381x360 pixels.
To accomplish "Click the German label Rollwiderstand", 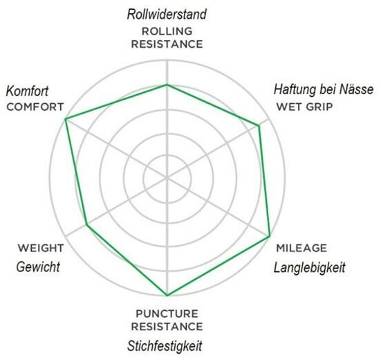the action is (x=167, y=14).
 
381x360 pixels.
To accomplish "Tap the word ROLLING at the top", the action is (x=167, y=31).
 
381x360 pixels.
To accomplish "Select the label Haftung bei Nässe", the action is (x=324, y=89).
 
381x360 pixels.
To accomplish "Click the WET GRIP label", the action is (x=305, y=107).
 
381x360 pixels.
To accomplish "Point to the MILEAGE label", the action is (x=301, y=248).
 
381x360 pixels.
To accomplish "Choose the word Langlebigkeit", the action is (x=309, y=268).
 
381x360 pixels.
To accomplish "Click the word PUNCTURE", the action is (x=167, y=314).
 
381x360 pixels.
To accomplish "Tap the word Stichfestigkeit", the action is (x=165, y=346).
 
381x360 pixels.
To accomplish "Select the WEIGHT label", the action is (x=41, y=248).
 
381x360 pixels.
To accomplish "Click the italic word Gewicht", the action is (x=38, y=267).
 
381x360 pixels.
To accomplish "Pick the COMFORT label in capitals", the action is (x=35, y=107).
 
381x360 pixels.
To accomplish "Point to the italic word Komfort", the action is (x=27, y=91).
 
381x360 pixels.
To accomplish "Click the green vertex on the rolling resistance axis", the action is (x=167, y=84).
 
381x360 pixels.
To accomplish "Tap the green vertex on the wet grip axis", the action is (x=259, y=125).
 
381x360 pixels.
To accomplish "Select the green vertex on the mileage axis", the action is (x=270, y=236).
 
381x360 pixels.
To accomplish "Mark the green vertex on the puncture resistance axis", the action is (x=167, y=296).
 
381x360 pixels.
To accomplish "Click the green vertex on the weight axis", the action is (x=87, y=225).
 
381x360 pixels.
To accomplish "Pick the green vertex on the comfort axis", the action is (x=65, y=119).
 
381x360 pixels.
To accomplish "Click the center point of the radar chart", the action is (x=167, y=179).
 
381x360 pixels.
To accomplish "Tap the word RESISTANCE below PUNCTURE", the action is (x=167, y=327).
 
